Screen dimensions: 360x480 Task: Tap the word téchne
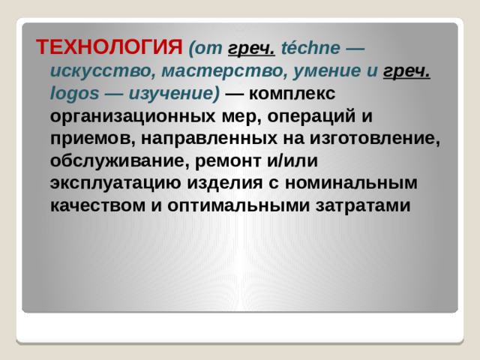click(x=310, y=49)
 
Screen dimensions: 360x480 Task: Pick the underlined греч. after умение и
click(x=406, y=71)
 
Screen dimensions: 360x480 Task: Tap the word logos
click(x=69, y=94)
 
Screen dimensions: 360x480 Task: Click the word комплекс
click(x=289, y=94)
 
